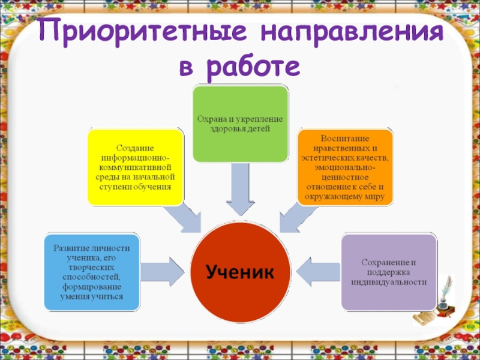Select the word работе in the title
point(251,67)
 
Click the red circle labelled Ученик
point(239,272)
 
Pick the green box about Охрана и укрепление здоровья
point(240,124)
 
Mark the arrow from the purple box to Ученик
point(317,272)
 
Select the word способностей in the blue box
point(92,277)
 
